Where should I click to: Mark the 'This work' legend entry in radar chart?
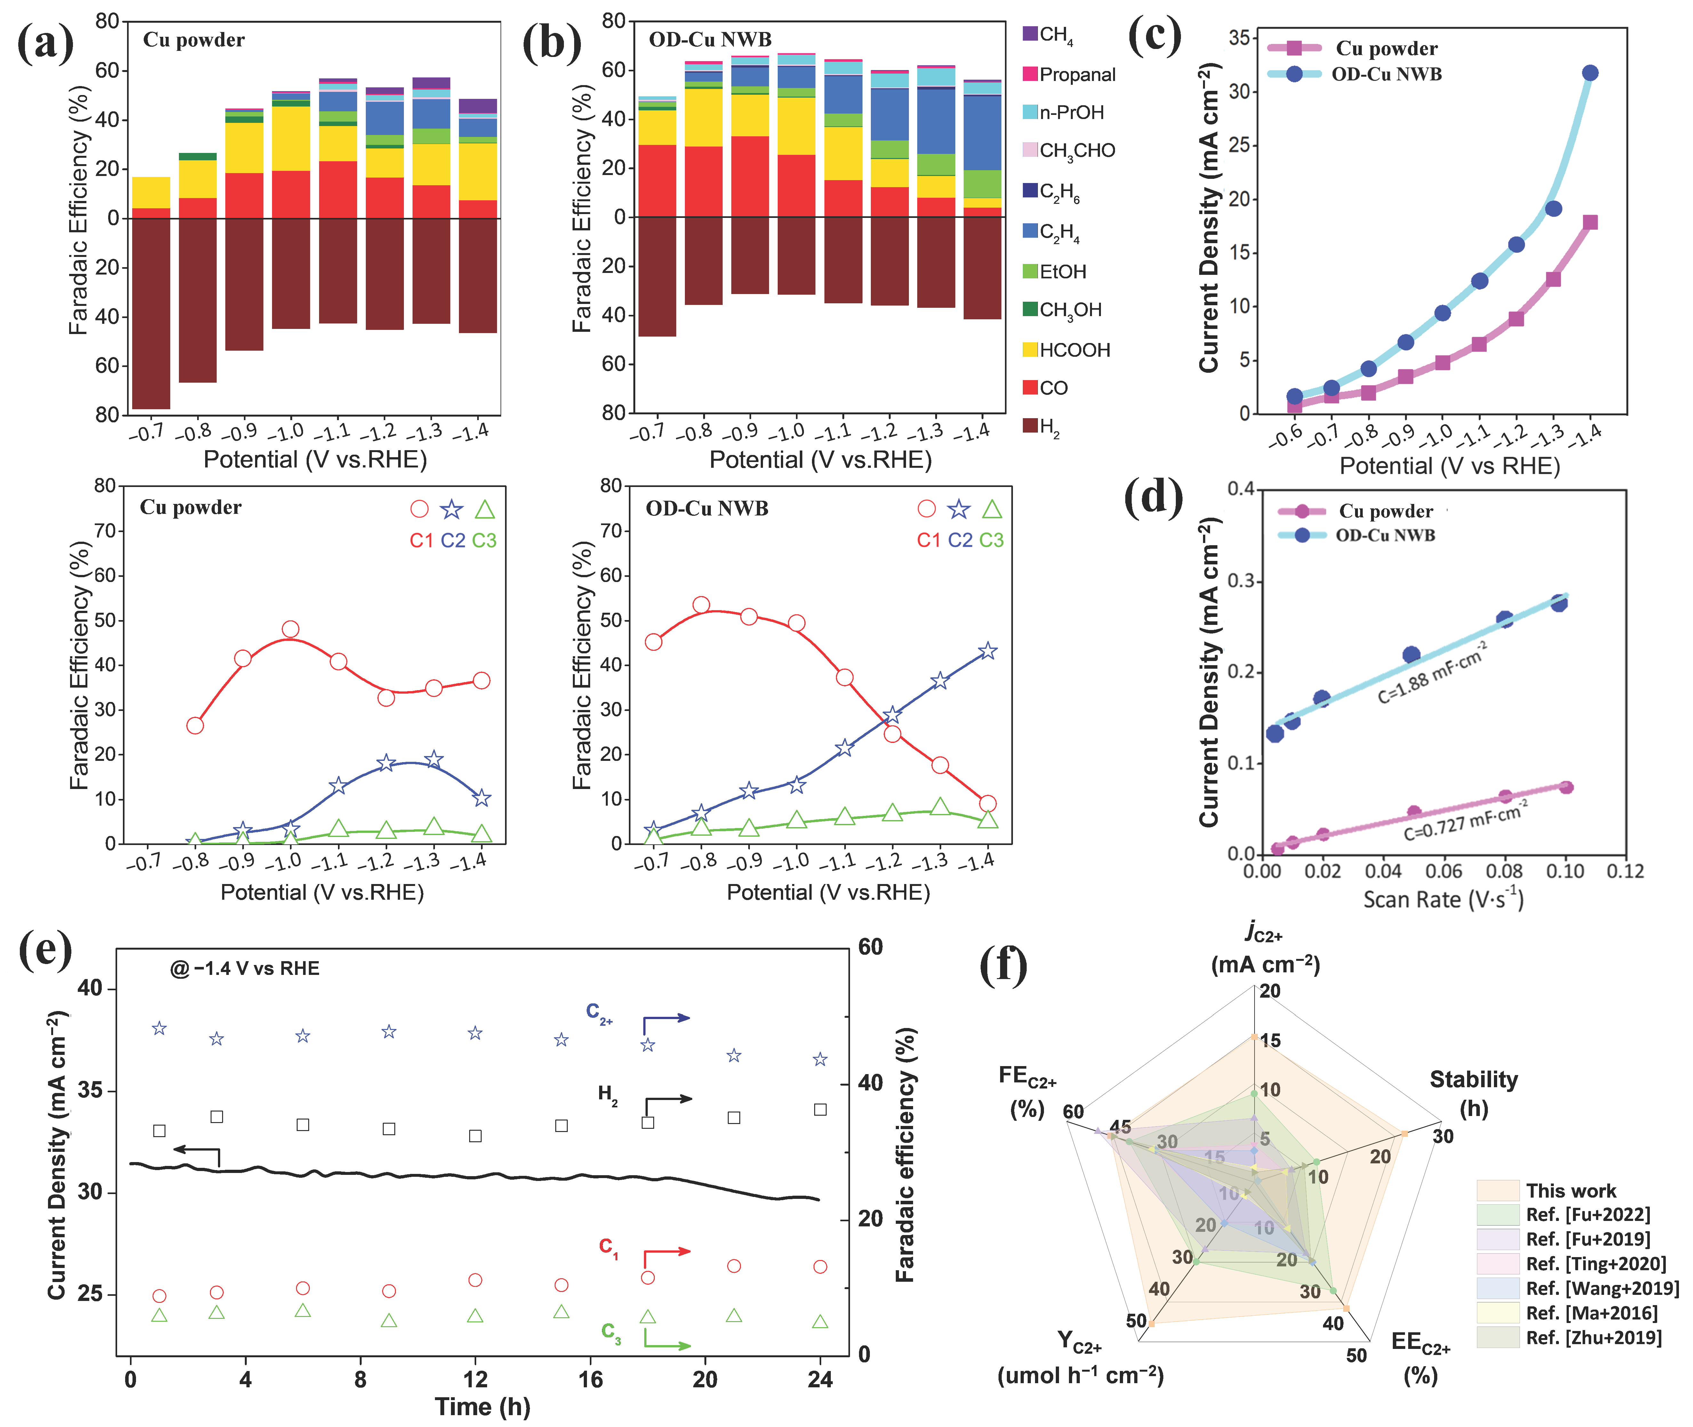point(1570,1191)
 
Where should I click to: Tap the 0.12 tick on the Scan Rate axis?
point(1625,871)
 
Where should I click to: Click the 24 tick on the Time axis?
point(820,1379)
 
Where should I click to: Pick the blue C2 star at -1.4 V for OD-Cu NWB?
point(987,651)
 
